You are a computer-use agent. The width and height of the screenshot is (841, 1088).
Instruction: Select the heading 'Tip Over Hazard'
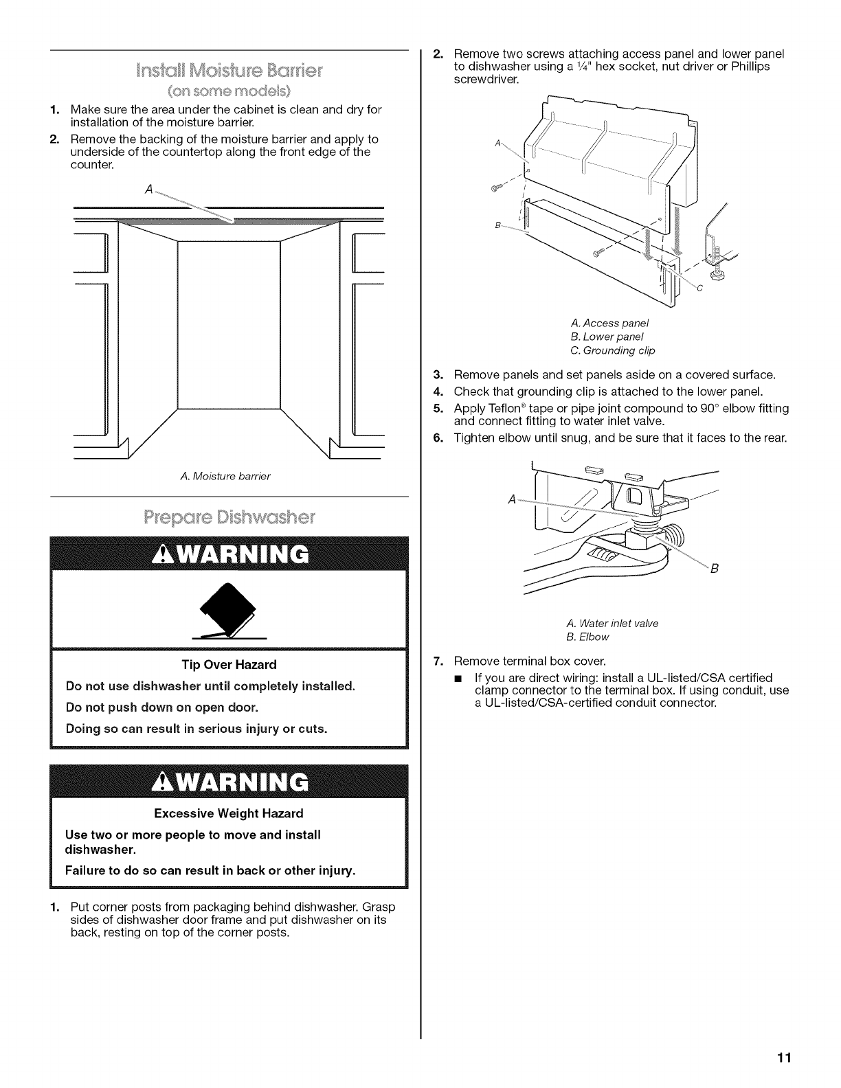pos(229,664)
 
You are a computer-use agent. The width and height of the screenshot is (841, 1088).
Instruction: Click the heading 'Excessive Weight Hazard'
pos(229,813)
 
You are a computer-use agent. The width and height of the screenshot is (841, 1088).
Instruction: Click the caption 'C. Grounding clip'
pos(613,350)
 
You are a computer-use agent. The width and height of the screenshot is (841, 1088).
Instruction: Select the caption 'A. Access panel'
pos(609,323)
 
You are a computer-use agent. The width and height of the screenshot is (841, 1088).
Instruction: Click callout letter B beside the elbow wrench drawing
pos(714,568)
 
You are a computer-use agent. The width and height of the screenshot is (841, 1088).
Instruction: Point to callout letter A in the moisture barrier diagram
pos(149,190)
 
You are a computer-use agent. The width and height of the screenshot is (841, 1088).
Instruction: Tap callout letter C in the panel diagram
pos(699,288)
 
